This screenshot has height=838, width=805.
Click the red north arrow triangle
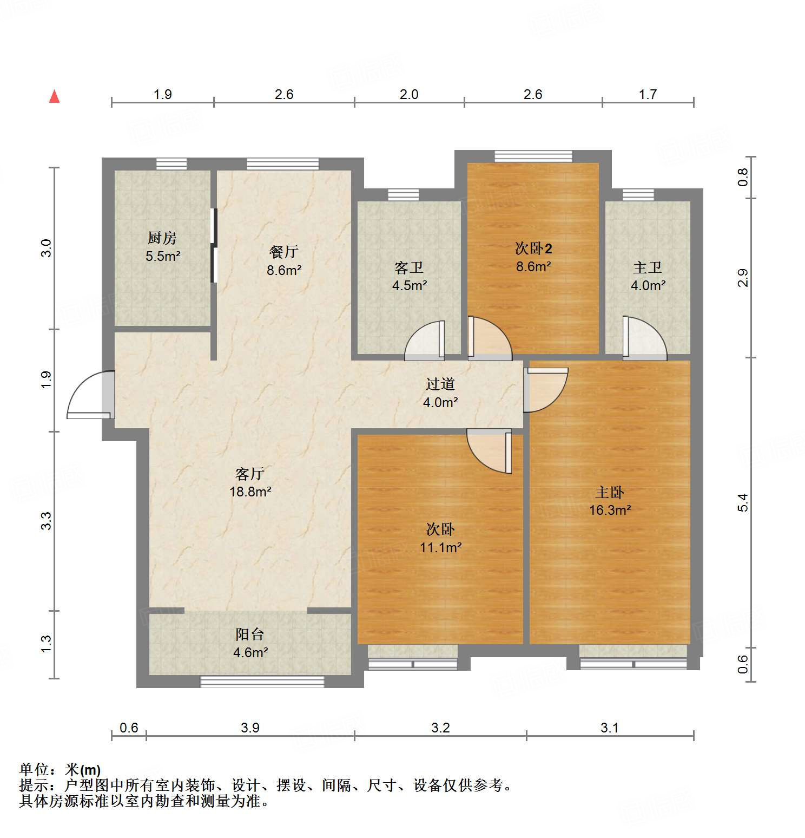coord(54,97)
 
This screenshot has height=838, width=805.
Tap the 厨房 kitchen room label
coord(162,238)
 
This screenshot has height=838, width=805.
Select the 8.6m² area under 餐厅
coord(284,270)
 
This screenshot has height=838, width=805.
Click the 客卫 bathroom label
coord(409,267)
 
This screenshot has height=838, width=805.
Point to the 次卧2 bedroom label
coord(533,248)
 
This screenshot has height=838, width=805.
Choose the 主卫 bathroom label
coord(648,267)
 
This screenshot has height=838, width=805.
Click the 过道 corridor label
coord(440,384)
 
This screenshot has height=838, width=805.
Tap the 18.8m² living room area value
coord(250,492)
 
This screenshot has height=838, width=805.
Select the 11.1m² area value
coord(440,547)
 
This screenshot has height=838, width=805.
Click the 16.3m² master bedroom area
coord(610,510)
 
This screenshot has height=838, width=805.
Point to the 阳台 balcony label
coord(250,634)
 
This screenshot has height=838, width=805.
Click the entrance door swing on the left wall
coord(91,395)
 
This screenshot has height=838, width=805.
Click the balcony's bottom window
coord(262,682)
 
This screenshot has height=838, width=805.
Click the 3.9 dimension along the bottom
coord(250,728)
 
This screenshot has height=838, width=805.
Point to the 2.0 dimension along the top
coord(409,95)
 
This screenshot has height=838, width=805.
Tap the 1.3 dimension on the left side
coord(47,644)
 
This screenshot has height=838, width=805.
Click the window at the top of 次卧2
coord(533,156)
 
